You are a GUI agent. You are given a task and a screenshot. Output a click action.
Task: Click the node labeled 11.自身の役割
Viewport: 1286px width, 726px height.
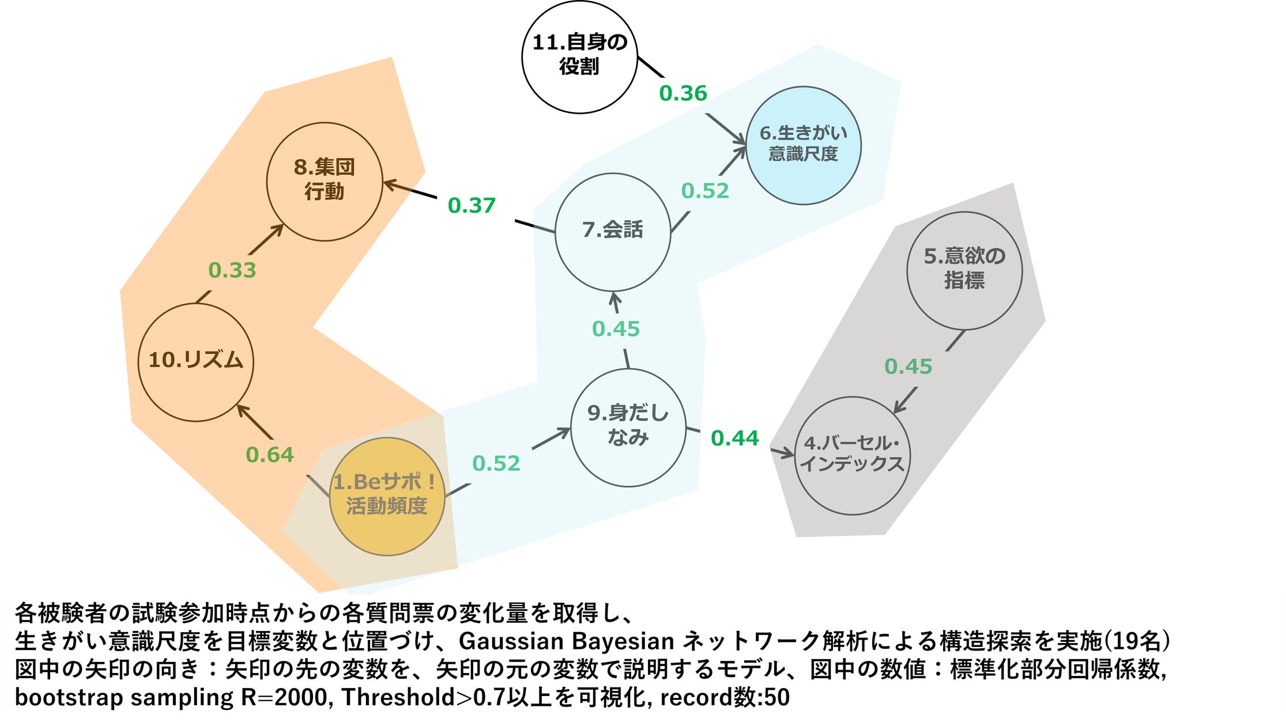pos(579,56)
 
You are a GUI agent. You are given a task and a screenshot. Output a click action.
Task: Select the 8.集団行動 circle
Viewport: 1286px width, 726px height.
pos(325,181)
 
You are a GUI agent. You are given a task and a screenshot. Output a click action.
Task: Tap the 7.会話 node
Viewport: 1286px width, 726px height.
pos(613,232)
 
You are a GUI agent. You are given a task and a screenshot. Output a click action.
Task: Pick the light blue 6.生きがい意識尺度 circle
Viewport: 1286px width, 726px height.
pos(804,145)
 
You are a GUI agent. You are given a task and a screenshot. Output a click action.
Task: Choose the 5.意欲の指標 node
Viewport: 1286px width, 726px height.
pos(964,271)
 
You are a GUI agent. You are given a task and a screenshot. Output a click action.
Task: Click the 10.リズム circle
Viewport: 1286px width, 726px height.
pos(196,362)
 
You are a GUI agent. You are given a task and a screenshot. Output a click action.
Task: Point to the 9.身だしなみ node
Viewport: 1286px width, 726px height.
pos(628,428)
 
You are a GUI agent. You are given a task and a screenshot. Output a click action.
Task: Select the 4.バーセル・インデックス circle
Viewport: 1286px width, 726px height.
pos(853,455)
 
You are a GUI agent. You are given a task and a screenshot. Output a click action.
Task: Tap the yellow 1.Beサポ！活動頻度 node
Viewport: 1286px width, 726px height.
pos(387,497)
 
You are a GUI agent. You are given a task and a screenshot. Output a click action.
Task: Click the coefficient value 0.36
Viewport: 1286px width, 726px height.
pos(683,93)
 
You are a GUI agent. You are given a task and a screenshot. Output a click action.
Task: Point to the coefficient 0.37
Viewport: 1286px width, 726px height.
pos(472,206)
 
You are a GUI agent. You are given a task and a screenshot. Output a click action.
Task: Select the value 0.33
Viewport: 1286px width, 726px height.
pos(232,270)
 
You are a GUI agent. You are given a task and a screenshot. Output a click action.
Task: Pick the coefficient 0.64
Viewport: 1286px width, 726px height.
pos(270,455)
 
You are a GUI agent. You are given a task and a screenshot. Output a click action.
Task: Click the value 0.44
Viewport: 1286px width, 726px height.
pos(735,438)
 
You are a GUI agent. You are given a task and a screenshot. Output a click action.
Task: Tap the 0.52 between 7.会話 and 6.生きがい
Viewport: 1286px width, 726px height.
pos(705,191)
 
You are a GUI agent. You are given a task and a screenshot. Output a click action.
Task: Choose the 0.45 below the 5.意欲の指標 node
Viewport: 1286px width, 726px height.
pos(908,366)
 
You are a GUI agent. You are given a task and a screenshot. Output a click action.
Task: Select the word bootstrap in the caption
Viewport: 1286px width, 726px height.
pos(69,698)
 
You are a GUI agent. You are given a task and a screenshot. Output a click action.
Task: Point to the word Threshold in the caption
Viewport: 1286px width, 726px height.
pos(398,697)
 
